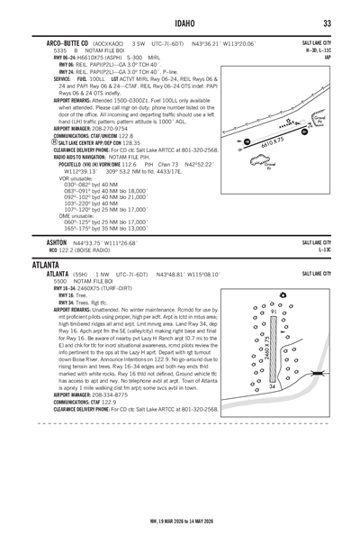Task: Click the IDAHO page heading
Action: [x=180, y=23]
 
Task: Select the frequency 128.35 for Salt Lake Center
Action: [x=132, y=142]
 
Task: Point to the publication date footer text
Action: [x=180, y=520]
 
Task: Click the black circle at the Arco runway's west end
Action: [x=239, y=142]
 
